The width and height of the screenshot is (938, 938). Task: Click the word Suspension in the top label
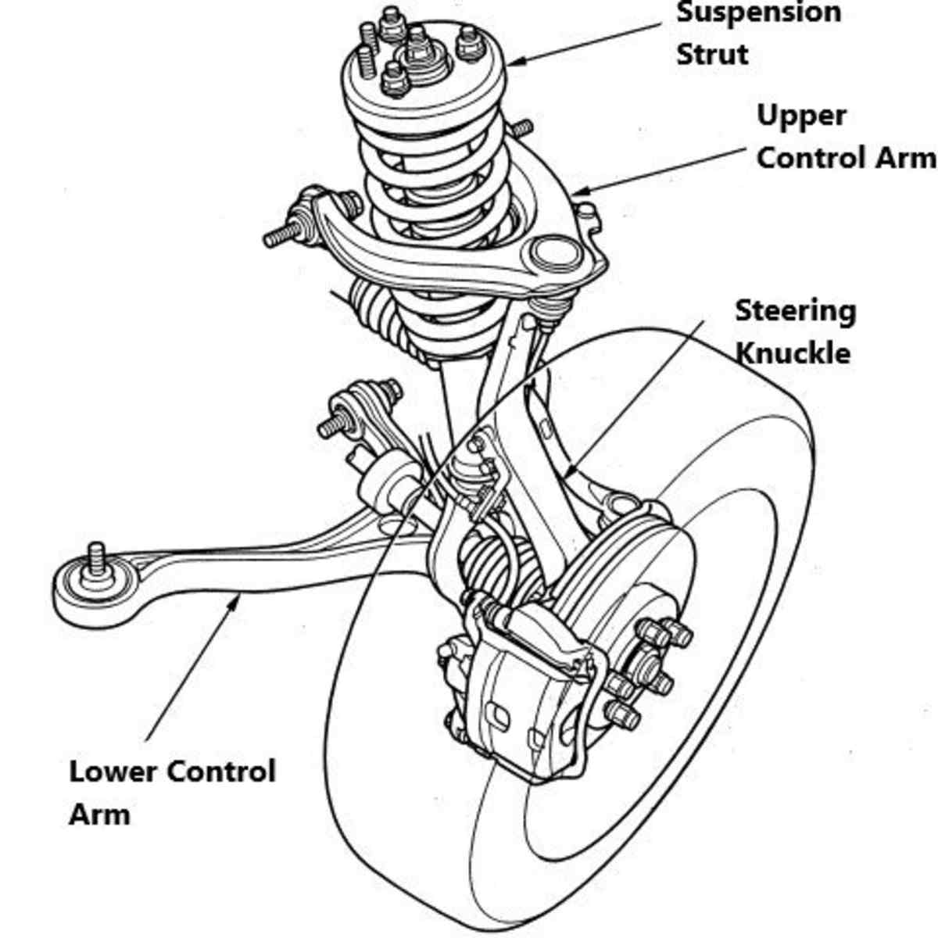(x=757, y=13)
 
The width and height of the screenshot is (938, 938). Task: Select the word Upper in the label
(x=801, y=116)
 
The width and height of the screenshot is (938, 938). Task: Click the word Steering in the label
(x=795, y=311)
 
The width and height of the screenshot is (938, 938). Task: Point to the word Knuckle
(x=793, y=353)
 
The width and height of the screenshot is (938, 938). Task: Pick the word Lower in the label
(x=114, y=772)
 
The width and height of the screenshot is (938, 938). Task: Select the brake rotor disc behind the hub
(x=625, y=563)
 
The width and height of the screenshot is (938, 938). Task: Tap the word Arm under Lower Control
(x=98, y=814)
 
